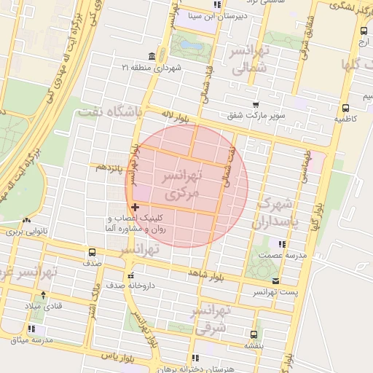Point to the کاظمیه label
coord(345,118)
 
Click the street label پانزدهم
coord(109,168)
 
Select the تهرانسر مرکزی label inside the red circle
coord(181,186)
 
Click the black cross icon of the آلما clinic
coord(136,208)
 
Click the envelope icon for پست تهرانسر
coord(275,280)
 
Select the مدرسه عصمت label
coord(280,256)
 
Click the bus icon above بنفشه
coord(253,335)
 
